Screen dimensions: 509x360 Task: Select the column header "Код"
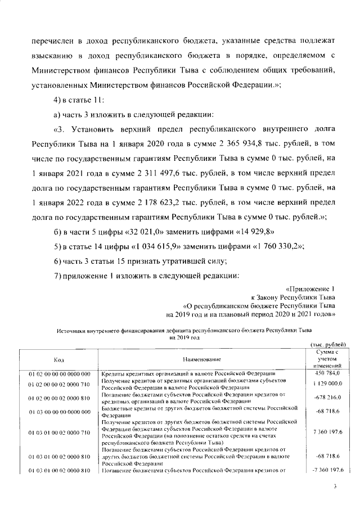coord(58,358)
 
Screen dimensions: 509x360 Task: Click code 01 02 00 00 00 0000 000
coord(59,373)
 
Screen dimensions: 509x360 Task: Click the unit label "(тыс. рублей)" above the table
coord(328,344)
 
